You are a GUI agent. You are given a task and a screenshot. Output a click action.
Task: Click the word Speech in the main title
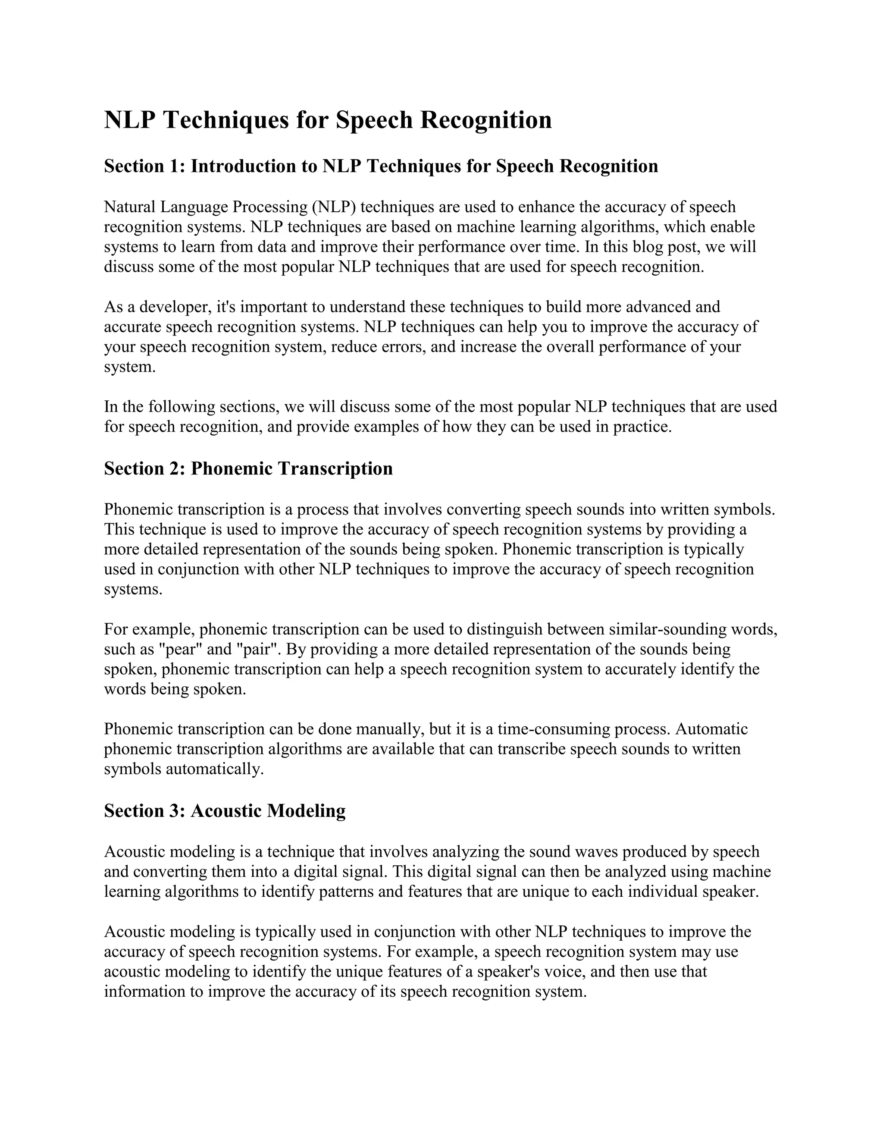pos(373,121)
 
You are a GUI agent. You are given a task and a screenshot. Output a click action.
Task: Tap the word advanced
pos(658,307)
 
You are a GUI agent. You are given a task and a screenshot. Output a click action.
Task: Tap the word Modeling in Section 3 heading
pos(306,811)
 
